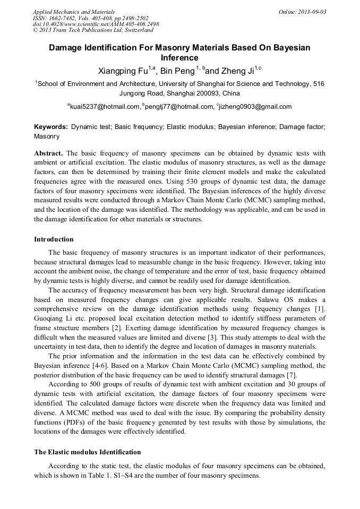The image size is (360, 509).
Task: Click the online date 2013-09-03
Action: point(310,12)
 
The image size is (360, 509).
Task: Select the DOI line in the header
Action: point(96,24)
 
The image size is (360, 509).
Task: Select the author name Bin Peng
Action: point(177,70)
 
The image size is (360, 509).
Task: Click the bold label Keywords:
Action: point(51,127)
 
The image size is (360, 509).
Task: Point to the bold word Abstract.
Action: point(48,153)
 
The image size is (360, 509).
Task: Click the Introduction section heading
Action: point(54,239)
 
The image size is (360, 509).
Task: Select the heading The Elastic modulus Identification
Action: point(88,452)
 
